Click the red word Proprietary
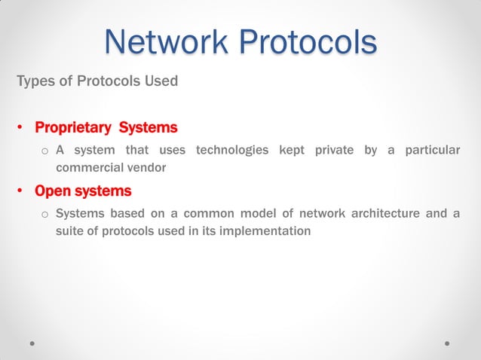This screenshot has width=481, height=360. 73,127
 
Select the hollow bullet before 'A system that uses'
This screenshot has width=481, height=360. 44,151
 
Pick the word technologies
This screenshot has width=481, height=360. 232,151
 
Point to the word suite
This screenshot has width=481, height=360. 69,230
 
